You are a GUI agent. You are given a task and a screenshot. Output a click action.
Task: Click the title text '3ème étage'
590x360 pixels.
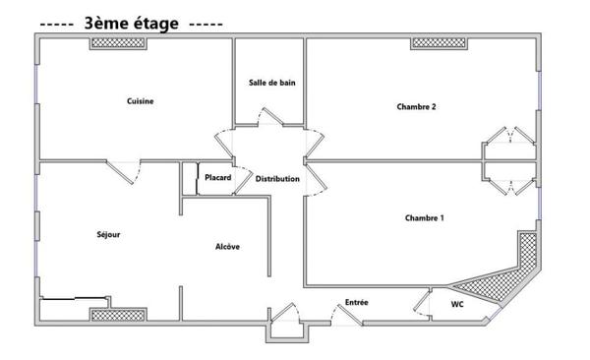(x=131, y=23)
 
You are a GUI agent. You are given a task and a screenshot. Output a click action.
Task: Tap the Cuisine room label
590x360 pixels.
(x=140, y=101)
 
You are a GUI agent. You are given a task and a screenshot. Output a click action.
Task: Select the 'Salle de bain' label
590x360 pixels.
(x=271, y=84)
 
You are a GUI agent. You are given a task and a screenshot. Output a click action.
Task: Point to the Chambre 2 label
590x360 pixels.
(x=416, y=107)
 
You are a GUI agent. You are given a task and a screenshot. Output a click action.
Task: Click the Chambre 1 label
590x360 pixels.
(x=424, y=217)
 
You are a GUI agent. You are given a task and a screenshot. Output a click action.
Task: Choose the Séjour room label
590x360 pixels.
(x=108, y=234)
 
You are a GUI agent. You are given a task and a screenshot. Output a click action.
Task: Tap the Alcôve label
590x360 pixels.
(x=227, y=247)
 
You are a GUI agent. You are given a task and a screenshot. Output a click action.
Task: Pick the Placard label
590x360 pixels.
(x=217, y=178)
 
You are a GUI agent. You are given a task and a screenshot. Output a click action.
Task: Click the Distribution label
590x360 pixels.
(x=277, y=179)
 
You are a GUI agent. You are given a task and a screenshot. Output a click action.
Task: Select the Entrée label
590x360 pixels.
(x=356, y=302)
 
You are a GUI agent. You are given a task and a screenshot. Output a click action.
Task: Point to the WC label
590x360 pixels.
(x=457, y=305)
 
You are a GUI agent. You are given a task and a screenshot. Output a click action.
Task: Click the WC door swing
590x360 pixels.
(x=423, y=301)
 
